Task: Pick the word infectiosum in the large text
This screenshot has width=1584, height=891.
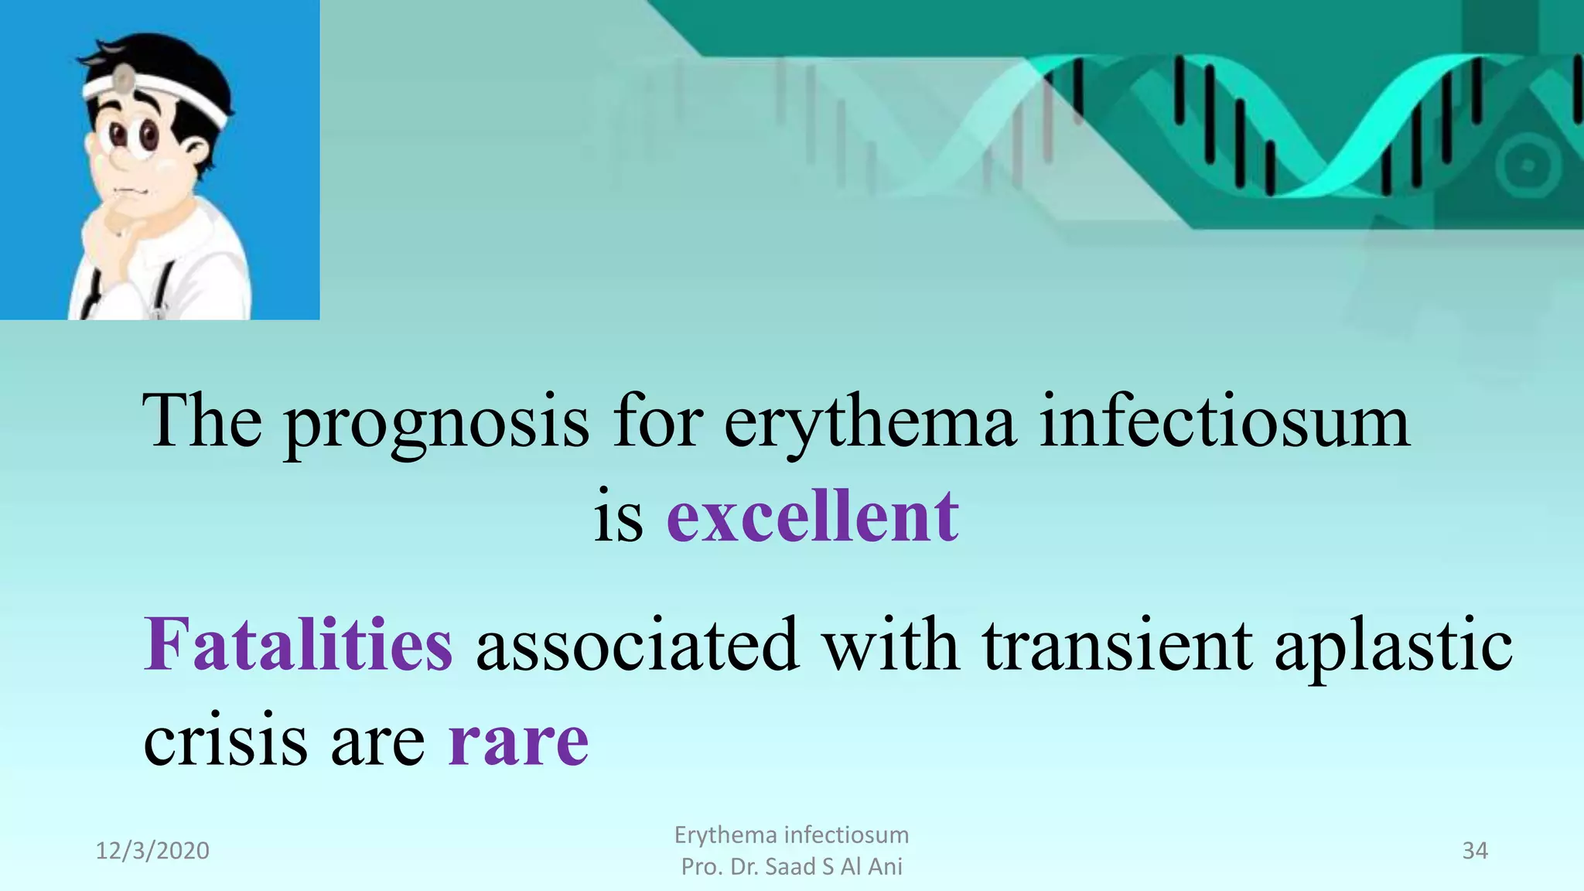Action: pyautogui.click(x=1224, y=422)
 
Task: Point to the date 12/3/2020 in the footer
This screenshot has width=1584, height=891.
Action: pyautogui.click(x=152, y=851)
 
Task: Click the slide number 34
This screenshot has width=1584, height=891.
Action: pyautogui.click(x=1474, y=851)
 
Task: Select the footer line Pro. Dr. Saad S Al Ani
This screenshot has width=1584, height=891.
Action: pyautogui.click(x=791, y=867)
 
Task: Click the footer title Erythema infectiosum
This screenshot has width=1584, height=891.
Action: pyautogui.click(x=791, y=835)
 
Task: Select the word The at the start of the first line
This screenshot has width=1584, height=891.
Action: pyautogui.click(x=202, y=422)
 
